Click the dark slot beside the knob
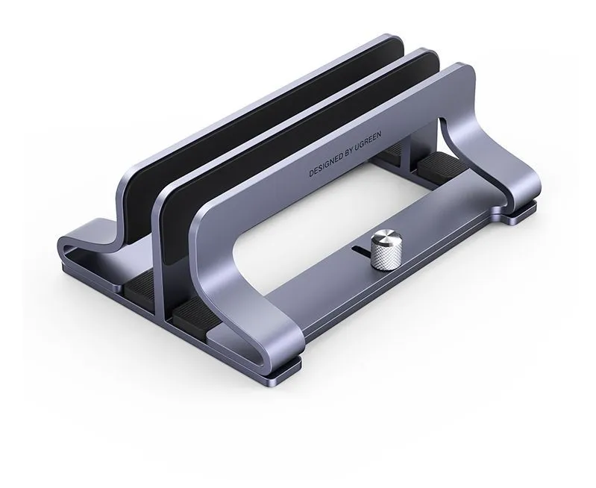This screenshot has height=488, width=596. pos(363,251)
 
